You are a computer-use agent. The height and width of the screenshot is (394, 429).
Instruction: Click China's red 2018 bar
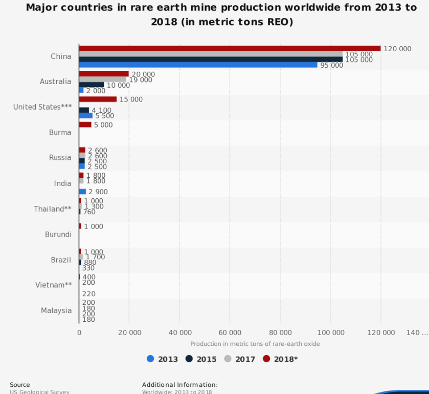[230, 49]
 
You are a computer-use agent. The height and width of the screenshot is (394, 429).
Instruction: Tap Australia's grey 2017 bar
[102, 79]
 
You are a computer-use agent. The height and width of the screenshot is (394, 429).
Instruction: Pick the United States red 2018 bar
[98, 99]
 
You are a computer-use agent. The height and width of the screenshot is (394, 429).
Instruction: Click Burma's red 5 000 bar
[85, 125]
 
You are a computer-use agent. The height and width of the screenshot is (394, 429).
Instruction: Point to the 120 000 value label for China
[397, 49]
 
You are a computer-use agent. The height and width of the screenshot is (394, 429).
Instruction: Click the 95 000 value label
[331, 66]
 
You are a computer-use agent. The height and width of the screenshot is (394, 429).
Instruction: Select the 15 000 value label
[131, 99]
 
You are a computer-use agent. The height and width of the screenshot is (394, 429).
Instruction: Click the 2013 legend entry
[163, 359]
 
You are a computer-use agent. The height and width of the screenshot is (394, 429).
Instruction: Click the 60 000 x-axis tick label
[230, 333]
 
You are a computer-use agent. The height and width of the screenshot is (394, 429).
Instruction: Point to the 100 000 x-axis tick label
[330, 333]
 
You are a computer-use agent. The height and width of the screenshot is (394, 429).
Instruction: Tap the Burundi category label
[58, 235]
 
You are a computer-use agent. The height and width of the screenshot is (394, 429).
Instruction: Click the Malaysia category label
[56, 310]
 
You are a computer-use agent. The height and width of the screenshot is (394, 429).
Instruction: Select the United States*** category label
[42, 107]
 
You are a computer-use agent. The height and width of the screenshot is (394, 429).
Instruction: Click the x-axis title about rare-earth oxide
[255, 344]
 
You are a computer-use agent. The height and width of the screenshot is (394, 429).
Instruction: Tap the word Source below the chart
[20, 385]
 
